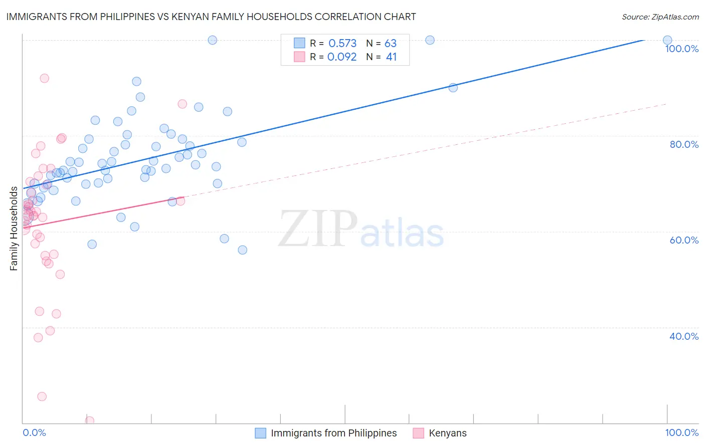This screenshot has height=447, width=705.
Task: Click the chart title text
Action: pyautogui.click(x=211, y=17)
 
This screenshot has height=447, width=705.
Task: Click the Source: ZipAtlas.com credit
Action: pyautogui.click(x=660, y=17)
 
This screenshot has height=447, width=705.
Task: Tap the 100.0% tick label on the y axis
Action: pyautogui.click(x=681, y=49)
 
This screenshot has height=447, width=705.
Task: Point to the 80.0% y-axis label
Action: pyautogui.click(x=684, y=144)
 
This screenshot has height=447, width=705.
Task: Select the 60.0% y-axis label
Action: pyautogui.click(x=684, y=240)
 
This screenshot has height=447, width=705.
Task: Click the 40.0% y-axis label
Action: pyautogui.click(x=684, y=336)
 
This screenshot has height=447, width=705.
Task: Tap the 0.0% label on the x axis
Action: pyautogui.click(x=34, y=432)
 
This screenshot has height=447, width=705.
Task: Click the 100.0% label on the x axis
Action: pyautogui.click(x=681, y=432)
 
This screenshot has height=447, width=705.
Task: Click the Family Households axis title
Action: pyautogui.click(x=14, y=229)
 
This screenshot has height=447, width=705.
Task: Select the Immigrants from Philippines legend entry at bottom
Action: pyautogui.click(x=333, y=433)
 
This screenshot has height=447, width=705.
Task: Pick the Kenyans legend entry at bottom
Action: pyautogui.click(x=447, y=433)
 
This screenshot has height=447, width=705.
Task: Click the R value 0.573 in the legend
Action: pyautogui.click(x=342, y=44)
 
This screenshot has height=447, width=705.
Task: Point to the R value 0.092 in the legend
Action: pyautogui.click(x=342, y=57)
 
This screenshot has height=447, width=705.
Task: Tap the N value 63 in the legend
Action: pyautogui.click(x=391, y=44)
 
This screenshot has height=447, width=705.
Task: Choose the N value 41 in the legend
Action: pyautogui.click(x=391, y=57)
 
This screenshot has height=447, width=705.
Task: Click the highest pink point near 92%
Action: pyautogui.click(x=44, y=78)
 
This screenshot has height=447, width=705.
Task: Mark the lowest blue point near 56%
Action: pyautogui.click(x=243, y=250)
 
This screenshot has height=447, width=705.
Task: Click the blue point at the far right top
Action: pyautogui.click(x=667, y=40)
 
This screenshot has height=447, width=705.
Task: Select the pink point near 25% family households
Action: pyautogui.click(x=42, y=396)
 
